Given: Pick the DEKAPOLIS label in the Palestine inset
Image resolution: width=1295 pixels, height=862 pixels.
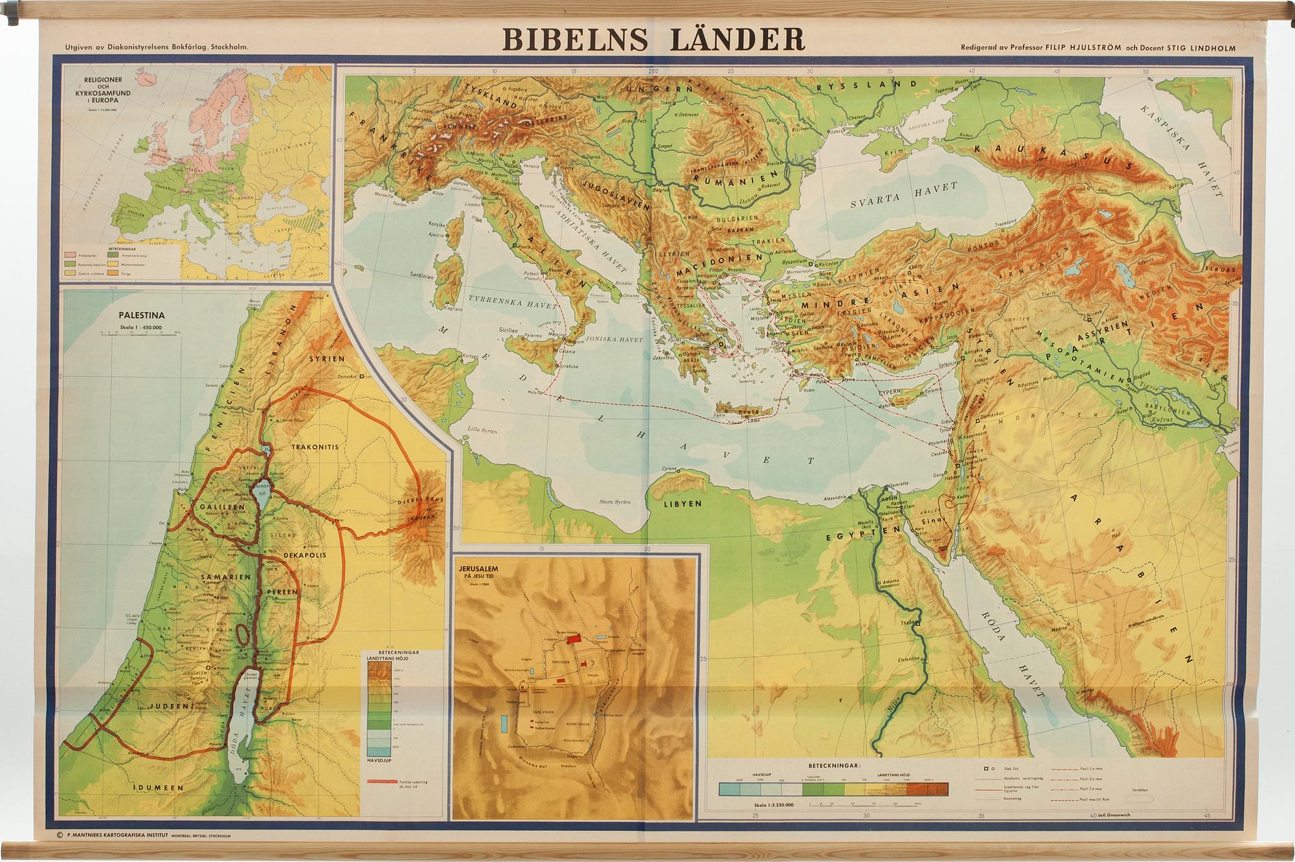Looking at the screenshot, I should [x=304, y=555].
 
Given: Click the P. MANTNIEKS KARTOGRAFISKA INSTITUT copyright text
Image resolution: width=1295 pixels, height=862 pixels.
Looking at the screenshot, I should [x=117, y=835].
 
